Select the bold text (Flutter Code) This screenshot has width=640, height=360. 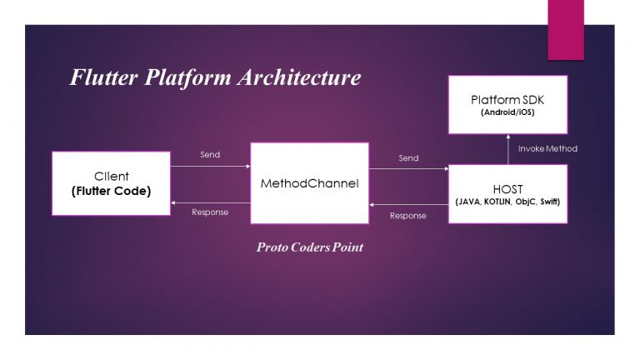point(111,191)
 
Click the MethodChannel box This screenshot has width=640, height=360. point(309,182)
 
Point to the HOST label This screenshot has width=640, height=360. point(508,188)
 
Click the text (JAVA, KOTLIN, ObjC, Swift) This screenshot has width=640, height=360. point(508,202)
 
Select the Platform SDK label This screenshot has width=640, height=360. point(507,100)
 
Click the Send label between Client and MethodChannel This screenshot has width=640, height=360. point(211,155)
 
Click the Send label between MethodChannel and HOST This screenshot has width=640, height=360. point(408,157)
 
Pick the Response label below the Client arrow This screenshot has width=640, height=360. point(210,212)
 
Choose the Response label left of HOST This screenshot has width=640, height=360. point(408,216)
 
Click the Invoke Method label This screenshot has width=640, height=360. point(547,148)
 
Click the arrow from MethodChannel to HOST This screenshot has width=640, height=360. point(408,169)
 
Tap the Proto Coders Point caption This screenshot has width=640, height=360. point(309,247)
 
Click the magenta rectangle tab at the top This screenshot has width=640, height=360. point(566,30)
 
